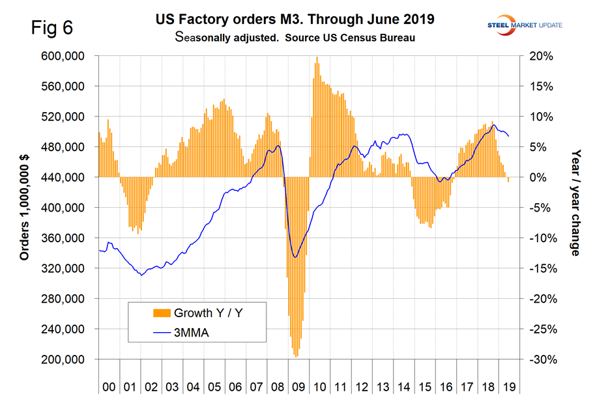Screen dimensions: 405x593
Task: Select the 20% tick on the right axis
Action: click(x=542, y=56)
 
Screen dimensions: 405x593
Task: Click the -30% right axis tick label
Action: click(x=540, y=359)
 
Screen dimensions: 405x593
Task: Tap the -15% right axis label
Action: click(x=540, y=268)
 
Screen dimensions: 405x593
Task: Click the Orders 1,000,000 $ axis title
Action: click(x=25, y=207)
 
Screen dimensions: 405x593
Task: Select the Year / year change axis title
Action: click(x=574, y=202)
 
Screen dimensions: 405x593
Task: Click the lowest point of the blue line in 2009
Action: click(x=295, y=257)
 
